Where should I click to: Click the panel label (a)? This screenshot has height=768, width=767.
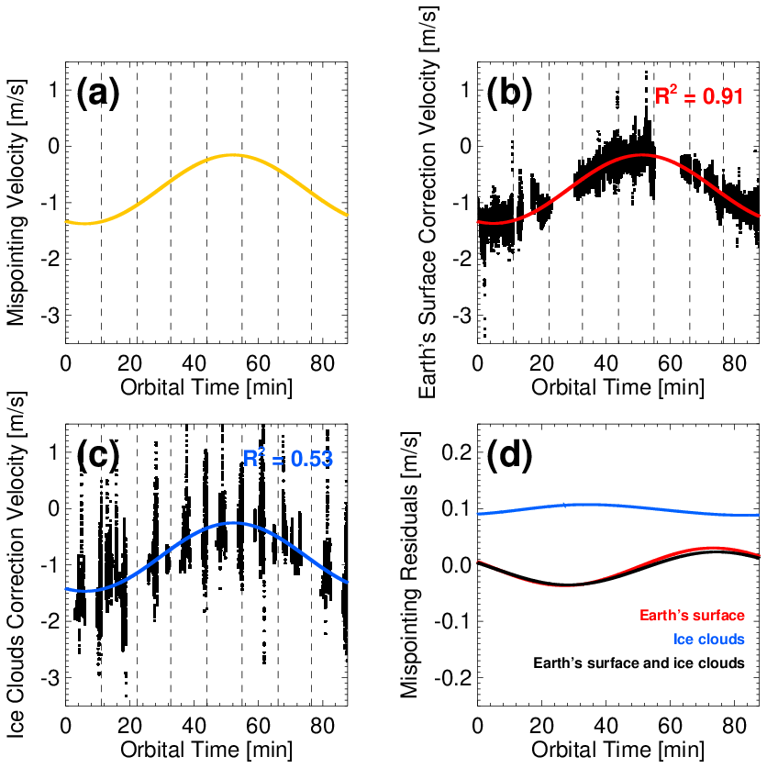click(x=98, y=95)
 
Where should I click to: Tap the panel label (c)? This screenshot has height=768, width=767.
click(x=98, y=456)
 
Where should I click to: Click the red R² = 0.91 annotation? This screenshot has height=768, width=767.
click(x=698, y=95)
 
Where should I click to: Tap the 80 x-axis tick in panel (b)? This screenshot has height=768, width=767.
click(x=733, y=362)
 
